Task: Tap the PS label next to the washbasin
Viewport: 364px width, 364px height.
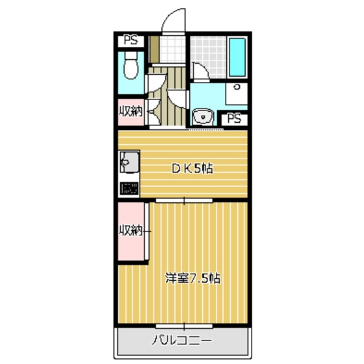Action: click(235, 118)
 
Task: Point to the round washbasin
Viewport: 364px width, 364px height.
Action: click(203, 118)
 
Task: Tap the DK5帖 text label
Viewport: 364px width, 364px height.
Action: click(192, 168)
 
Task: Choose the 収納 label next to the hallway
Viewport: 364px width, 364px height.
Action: click(130, 111)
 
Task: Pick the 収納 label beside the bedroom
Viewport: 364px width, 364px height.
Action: click(131, 230)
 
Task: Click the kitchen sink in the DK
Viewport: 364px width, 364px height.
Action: click(128, 162)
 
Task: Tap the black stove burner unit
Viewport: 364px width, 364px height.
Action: click(128, 189)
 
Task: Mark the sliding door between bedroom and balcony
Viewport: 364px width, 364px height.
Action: click(183, 324)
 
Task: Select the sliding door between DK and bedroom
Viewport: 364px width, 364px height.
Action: click(183, 200)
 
